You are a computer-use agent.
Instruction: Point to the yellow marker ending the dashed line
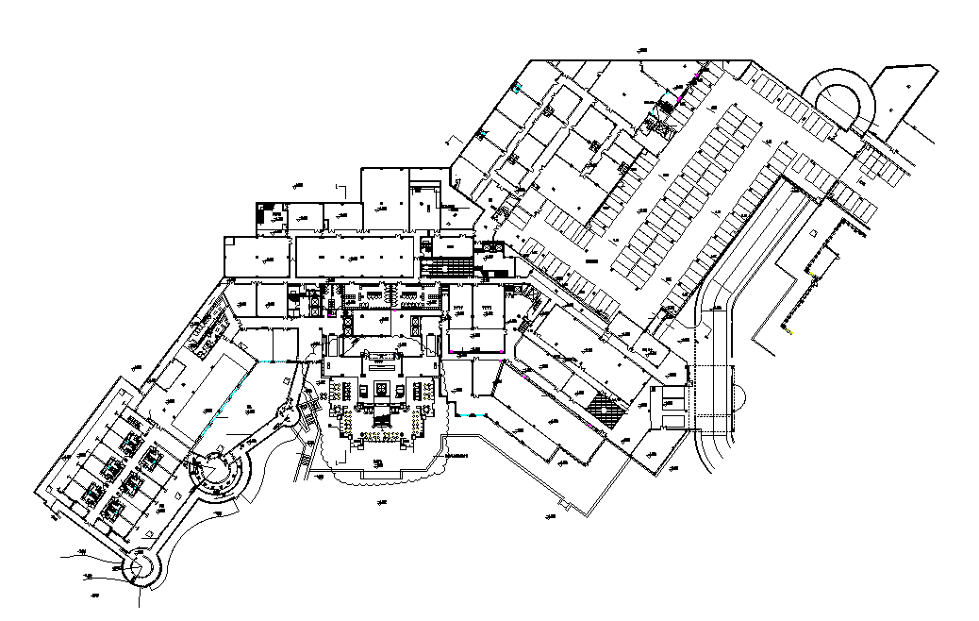coord(790,332)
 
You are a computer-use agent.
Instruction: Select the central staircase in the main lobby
coord(383,415)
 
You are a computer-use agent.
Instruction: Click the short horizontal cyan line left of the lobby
coord(274,362)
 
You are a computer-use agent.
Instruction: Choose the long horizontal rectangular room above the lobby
coord(354,255)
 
